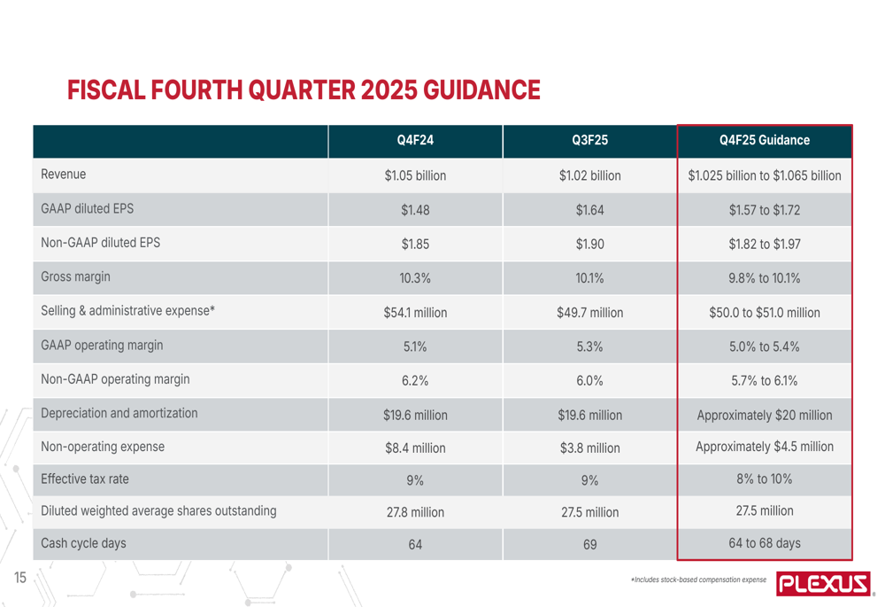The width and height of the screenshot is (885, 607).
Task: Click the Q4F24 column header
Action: click(x=414, y=140)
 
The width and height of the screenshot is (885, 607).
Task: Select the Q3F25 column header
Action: click(x=589, y=140)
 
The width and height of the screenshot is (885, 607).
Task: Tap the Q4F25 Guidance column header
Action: click(x=765, y=140)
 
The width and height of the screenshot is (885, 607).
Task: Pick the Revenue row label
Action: click(x=63, y=174)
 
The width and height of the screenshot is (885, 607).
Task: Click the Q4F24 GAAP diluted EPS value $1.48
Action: click(x=414, y=210)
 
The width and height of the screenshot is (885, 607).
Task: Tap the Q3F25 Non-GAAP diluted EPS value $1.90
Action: click(x=589, y=245)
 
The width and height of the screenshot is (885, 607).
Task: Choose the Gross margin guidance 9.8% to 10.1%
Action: click(x=765, y=277)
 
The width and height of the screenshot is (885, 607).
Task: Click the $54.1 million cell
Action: click(x=414, y=312)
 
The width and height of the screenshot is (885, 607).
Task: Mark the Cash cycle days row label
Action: click(x=83, y=543)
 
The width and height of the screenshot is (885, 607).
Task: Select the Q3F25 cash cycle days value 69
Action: click(x=589, y=545)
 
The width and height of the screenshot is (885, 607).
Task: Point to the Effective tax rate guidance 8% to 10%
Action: click(x=765, y=479)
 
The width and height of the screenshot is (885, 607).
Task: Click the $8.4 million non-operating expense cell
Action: click(x=414, y=447)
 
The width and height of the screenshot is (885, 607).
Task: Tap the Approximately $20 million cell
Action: click(x=765, y=414)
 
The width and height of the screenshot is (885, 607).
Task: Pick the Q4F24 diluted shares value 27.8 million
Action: click(x=414, y=511)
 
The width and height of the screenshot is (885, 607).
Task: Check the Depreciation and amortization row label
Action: click(x=119, y=413)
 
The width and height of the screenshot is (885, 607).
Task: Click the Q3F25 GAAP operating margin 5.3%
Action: click(x=589, y=346)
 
